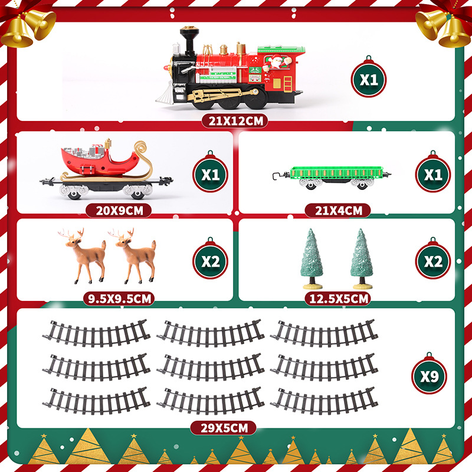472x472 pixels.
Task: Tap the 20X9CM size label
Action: [x=119, y=211]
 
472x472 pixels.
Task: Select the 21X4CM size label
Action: [x=337, y=211]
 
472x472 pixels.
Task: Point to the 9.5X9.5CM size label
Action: [x=119, y=299]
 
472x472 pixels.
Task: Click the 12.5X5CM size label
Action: [x=337, y=299]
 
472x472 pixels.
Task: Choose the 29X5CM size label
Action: [x=224, y=428]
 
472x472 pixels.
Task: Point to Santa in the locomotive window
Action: [x=276, y=63]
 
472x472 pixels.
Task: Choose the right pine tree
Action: [x=362, y=258]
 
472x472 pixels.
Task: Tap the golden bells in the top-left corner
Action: [x=27, y=28]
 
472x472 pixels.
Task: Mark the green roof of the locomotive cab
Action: [x=281, y=49]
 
